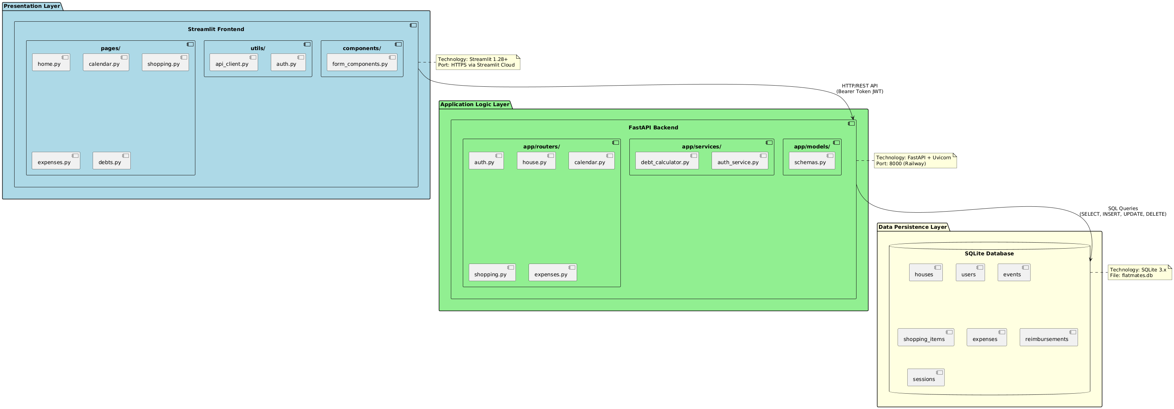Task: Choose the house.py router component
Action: click(x=536, y=161)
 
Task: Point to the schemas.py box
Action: click(x=812, y=161)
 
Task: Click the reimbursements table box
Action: click(x=1048, y=338)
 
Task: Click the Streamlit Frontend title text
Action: click(x=216, y=29)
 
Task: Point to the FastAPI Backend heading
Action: click(x=653, y=127)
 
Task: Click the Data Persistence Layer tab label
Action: click(x=913, y=227)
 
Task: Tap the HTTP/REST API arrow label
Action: click(x=859, y=89)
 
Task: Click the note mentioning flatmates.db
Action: click(x=1139, y=272)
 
